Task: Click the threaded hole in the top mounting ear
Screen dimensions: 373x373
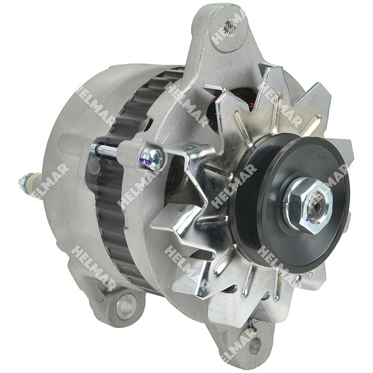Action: click(x=228, y=29)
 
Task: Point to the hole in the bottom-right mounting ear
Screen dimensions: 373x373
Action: click(x=255, y=345)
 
